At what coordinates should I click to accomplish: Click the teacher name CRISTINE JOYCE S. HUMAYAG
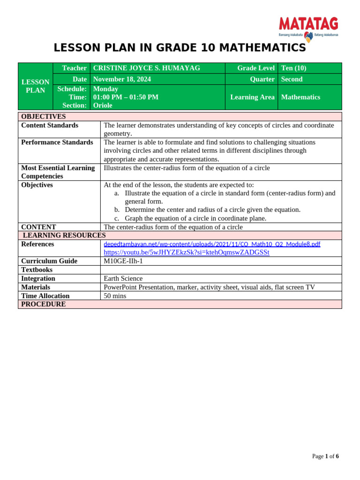147,68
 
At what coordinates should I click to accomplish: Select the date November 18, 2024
122,79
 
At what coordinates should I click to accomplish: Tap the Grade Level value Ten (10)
293,68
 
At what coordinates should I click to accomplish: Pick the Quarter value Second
292,79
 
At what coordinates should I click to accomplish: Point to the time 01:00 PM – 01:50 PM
126,97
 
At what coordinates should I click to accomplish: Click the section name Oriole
103,105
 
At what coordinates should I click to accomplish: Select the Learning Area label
252,97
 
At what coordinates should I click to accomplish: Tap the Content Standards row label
50,125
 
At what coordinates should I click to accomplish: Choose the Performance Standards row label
57,142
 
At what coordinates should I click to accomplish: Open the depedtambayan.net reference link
212,244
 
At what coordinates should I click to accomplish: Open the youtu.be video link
186,252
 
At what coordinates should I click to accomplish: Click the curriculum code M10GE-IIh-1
123,261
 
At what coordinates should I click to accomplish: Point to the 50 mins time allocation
115,296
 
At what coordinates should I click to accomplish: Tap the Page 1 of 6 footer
325,456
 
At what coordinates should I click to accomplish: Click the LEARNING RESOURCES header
64,235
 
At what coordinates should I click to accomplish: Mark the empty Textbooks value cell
221,270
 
